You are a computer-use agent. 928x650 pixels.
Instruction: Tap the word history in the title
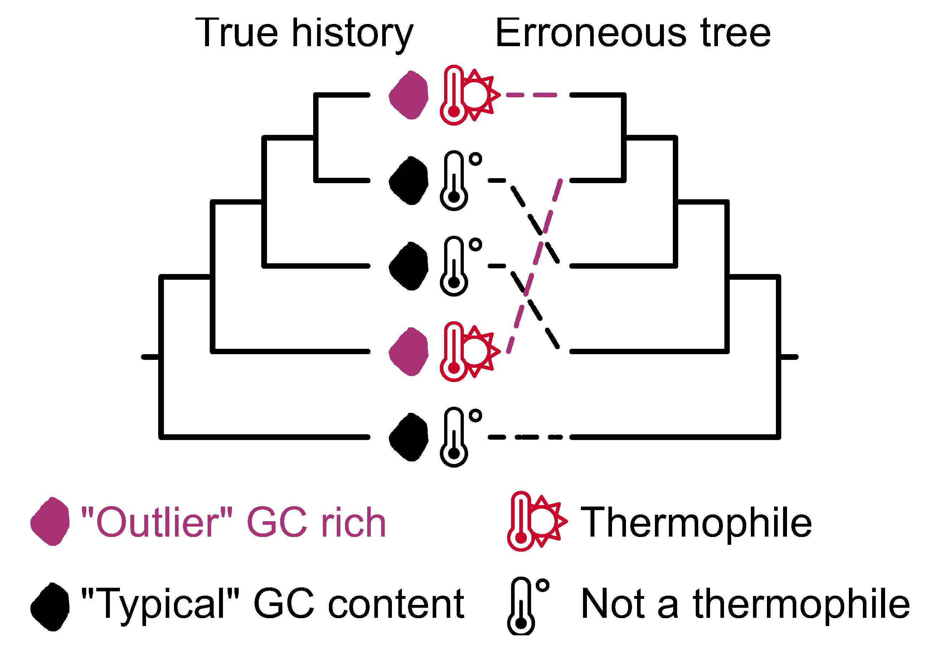[353, 34]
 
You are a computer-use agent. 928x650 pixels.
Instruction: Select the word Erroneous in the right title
[591, 33]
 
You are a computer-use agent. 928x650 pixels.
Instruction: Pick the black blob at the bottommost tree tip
[409, 437]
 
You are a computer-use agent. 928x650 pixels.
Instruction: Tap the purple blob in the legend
[50, 522]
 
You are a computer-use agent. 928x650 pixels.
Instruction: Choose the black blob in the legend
[50, 607]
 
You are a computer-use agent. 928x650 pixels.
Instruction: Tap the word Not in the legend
[613, 604]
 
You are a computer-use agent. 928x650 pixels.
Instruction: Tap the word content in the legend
[396, 604]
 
